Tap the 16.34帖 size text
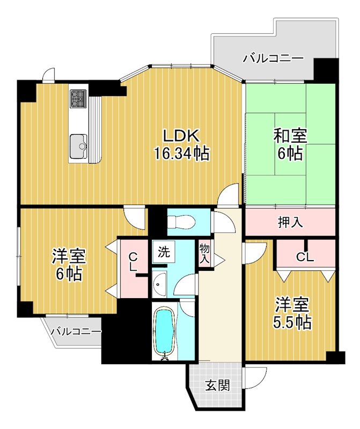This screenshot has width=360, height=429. pyautogui.click(x=181, y=154)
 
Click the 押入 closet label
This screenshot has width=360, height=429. pyautogui.click(x=290, y=222)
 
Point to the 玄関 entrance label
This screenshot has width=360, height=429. pyautogui.click(x=218, y=385)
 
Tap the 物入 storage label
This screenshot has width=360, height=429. pyautogui.click(x=204, y=253)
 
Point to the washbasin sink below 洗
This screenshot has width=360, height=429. pyautogui.click(x=159, y=284)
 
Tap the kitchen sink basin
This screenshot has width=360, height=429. pyautogui.click(x=79, y=145)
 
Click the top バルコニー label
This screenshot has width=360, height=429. pyautogui.click(x=273, y=58)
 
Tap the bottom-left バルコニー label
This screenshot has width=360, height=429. pyautogui.click(x=76, y=332)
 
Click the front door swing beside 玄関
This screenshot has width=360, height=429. pyautogui.click(x=256, y=376)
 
